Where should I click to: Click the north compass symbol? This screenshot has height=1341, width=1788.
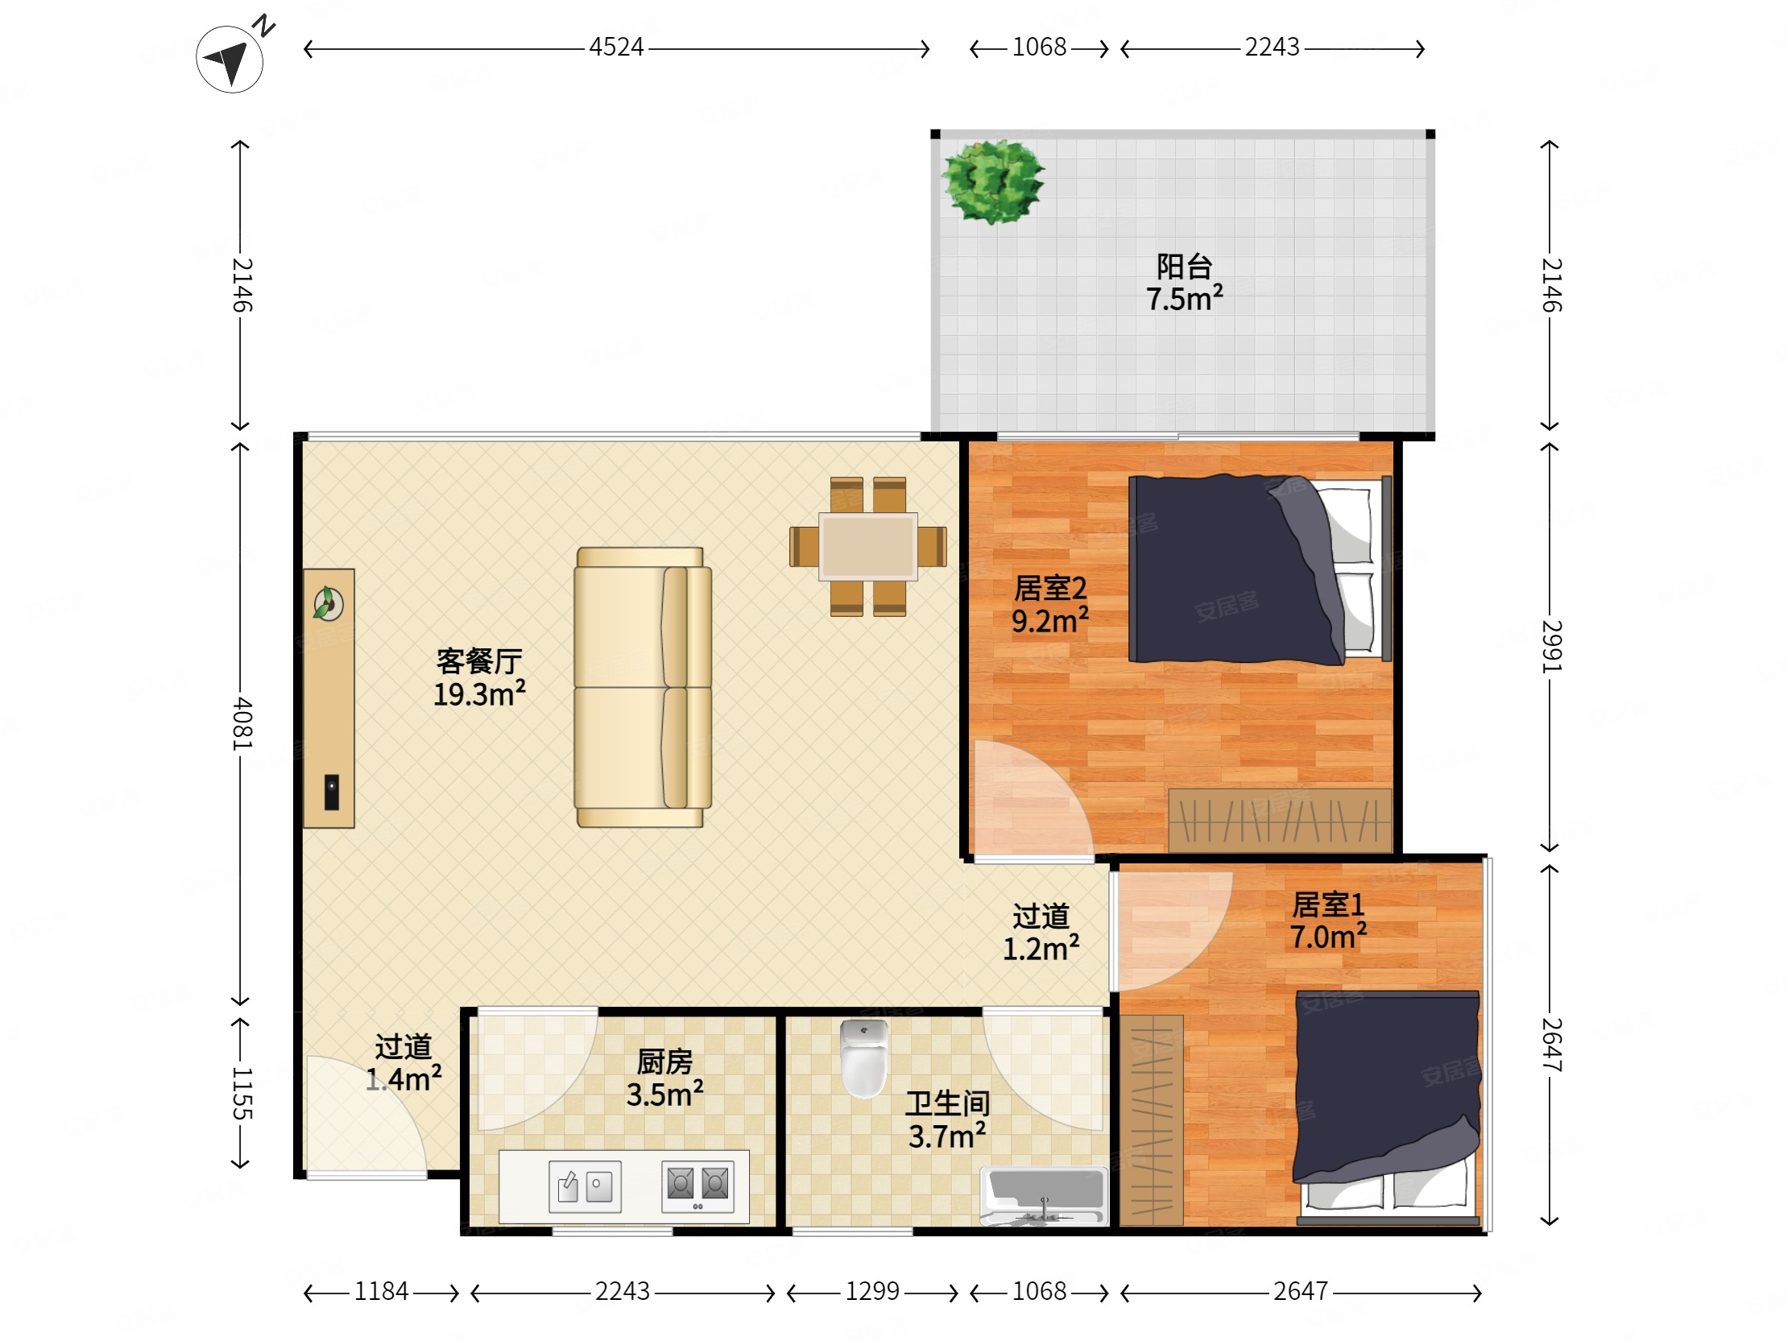pos(230,58)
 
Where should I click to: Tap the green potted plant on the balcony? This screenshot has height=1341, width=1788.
pos(992,181)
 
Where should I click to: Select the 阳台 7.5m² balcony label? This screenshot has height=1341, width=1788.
pos(1184,282)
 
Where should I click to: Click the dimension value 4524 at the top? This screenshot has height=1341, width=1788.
pos(616,47)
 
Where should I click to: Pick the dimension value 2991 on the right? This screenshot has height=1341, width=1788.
pos(1551,646)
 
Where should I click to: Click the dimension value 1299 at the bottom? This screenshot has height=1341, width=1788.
pos(872,1291)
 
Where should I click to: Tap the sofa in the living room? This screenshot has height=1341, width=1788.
pos(643,687)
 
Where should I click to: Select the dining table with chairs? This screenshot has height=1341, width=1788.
pos(868,546)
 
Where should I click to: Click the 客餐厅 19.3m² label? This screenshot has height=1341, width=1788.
pos(479,677)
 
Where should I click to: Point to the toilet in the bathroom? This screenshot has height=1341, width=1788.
pos(864,1058)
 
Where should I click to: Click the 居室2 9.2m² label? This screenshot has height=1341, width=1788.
pos(1050,605)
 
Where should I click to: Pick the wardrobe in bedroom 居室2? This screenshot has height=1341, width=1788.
pos(1281,821)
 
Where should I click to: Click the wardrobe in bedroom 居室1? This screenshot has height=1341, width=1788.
pos(1151,1120)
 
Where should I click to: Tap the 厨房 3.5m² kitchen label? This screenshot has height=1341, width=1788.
pos(664,1078)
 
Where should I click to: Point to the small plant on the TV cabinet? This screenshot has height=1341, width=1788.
pos(328,604)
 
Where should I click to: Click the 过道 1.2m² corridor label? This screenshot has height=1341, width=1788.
pos(1041,933)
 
